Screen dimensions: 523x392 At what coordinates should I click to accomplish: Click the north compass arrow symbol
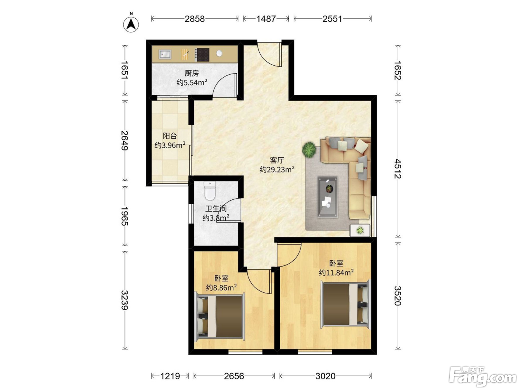coord(131,24)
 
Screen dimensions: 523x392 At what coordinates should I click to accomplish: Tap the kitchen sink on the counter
coord(165,54)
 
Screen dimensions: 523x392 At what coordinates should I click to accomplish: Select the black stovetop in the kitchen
coord(202,55)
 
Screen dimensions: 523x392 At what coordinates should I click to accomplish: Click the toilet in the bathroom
coord(210,191)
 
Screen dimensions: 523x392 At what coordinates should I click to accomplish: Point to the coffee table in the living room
coord(327,197)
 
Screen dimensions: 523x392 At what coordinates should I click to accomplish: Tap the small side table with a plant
coord(360,230)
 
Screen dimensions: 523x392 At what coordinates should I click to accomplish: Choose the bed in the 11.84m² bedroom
coord(346,305)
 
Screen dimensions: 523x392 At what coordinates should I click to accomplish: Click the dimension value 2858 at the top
coord(195,19)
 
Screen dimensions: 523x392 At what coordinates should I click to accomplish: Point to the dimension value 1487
coord(266,19)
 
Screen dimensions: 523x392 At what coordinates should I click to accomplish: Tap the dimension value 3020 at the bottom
coord(325,376)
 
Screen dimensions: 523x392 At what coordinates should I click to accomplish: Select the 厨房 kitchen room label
coord(192,73)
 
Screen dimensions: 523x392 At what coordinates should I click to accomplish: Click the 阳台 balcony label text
coord(170,136)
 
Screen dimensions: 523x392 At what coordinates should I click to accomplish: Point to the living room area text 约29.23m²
coord(277,169)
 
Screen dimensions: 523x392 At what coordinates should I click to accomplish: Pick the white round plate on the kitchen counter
coord(219,53)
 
